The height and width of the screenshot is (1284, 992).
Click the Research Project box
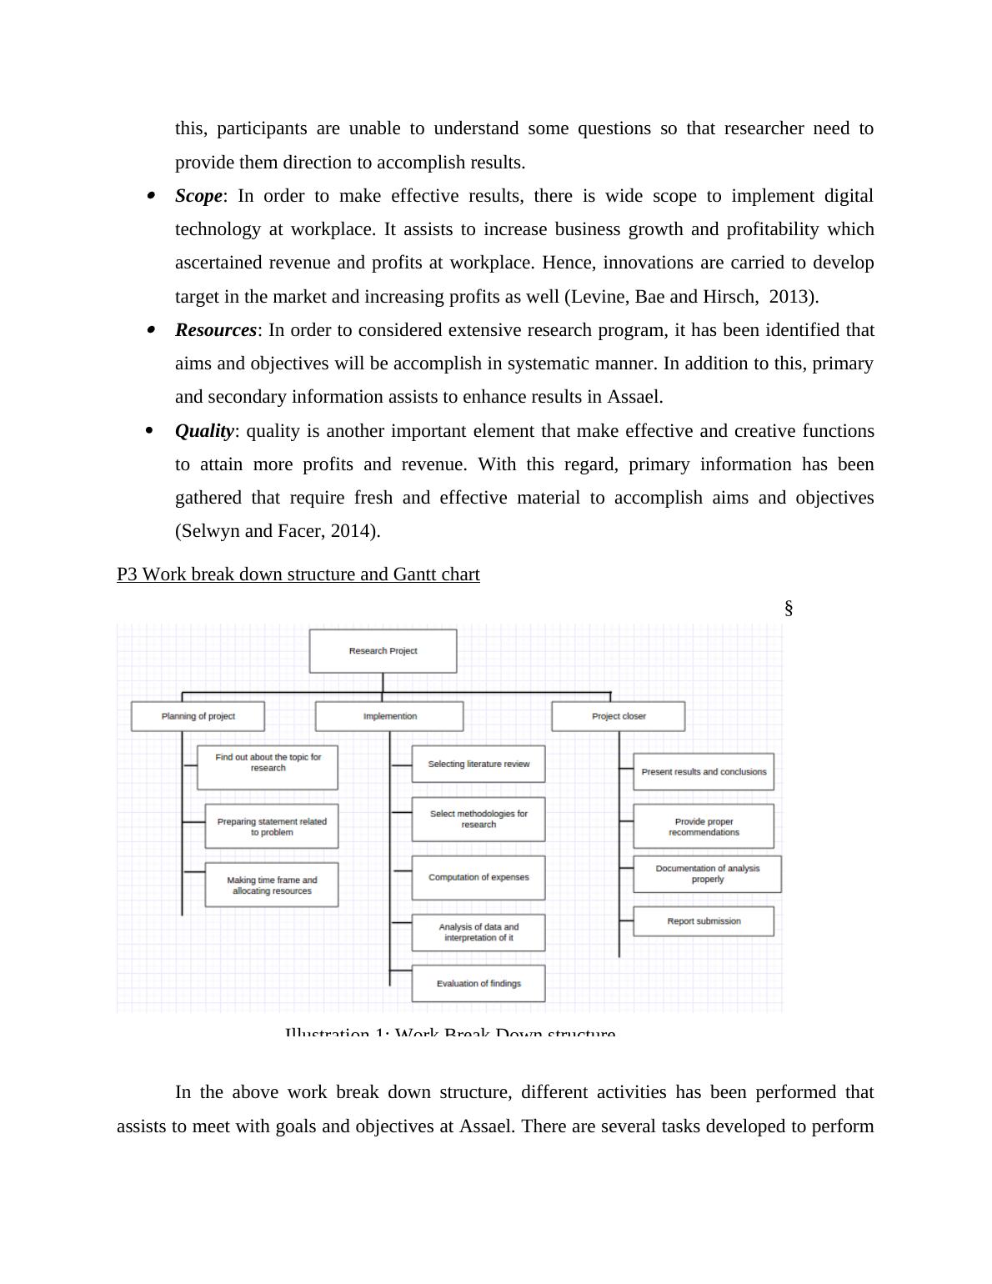[x=383, y=651]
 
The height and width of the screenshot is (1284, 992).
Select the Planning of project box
[x=198, y=716]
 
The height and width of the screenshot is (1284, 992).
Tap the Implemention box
[x=389, y=716]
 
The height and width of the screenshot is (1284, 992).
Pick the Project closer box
[x=619, y=716]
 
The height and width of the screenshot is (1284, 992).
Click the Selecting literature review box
[x=478, y=764]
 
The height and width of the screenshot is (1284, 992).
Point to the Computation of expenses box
[x=478, y=877]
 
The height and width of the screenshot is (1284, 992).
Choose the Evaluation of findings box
[x=478, y=984]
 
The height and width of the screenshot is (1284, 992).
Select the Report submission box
[x=704, y=921]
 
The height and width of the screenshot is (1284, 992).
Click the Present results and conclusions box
[x=704, y=772]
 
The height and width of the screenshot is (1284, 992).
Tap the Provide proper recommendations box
[x=704, y=826]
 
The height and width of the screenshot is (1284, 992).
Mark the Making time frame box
[x=272, y=885]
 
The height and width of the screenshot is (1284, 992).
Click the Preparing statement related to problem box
[x=272, y=826]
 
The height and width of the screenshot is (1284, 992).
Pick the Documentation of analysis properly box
[x=707, y=874]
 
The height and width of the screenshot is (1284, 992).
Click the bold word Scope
[x=198, y=196]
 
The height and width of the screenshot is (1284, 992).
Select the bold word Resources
[x=216, y=330]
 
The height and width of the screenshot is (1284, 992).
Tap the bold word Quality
[x=204, y=431]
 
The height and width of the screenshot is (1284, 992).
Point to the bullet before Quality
[x=150, y=430]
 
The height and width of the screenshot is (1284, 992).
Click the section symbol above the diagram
[x=789, y=609]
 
